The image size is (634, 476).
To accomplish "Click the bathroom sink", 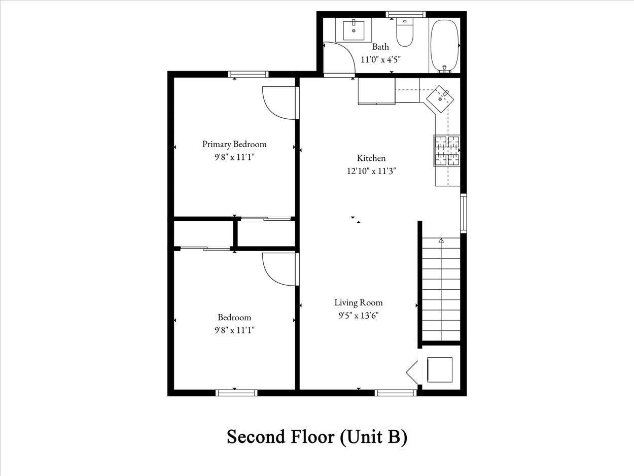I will coord(354,30).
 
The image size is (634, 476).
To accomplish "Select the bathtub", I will coord(444,46).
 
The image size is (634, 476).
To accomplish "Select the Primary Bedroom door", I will coord(279,103).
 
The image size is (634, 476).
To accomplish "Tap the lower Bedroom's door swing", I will coord(279,269).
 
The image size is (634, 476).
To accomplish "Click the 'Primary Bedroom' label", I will coord(234,144).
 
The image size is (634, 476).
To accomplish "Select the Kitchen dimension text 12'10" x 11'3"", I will coord(371,171).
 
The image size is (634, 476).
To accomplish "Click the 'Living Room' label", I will coord(358,302).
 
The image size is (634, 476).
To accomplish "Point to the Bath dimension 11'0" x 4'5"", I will coord(380,59).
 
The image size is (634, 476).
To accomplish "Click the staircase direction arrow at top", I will coord(441,241).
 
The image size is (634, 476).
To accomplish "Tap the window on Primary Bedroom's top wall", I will coord(248,74).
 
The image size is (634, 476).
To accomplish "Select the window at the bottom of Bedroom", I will coord(236,392).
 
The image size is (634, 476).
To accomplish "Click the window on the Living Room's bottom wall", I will coord(395,392).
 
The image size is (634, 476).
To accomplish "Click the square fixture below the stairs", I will coord(439,369).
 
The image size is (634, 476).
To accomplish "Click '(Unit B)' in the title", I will coord(373,436).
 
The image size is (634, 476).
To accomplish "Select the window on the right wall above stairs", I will coord(463,213).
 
